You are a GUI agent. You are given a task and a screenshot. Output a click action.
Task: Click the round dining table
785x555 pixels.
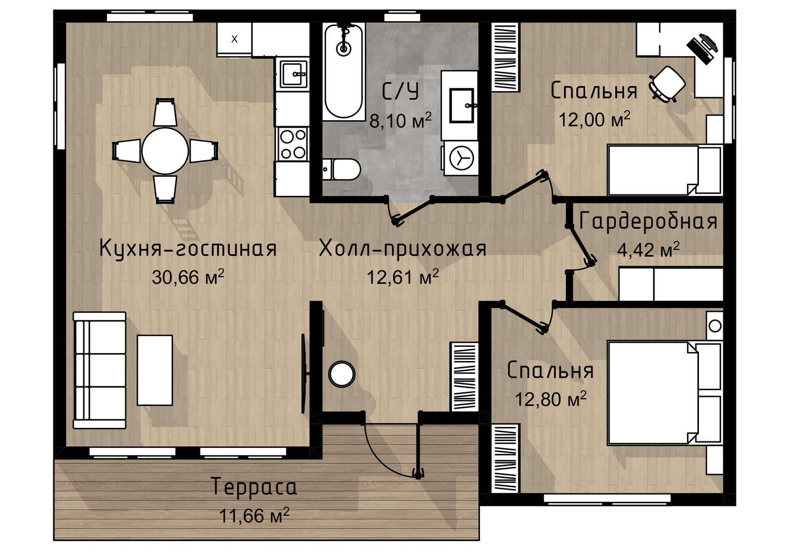(165, 151)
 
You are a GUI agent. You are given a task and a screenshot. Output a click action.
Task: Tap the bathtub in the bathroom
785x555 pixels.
(343, 72)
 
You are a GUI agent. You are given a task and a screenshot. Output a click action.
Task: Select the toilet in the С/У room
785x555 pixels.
(341, 169)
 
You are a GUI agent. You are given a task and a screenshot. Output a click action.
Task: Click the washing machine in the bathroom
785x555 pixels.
(461, 158)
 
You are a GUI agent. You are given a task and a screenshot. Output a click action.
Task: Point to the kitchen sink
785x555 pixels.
(293, 74)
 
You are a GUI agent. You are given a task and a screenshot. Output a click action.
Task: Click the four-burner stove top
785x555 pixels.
(293, 144)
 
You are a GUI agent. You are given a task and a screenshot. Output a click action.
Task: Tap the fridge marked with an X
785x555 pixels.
(234, 39)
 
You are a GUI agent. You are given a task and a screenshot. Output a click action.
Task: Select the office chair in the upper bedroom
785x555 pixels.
(667, 84)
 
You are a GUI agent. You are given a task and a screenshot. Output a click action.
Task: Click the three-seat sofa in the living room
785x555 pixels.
(100, 370)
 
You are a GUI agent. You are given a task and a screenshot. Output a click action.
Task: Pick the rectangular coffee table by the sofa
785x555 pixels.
(155, 370)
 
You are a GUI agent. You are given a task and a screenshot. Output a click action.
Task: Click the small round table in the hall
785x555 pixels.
(342, 374)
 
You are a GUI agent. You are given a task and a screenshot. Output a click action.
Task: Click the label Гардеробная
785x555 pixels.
(649, 222)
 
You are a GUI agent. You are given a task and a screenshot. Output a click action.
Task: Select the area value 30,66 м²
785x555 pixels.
(188, 277)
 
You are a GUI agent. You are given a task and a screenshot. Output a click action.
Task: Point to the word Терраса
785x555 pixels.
(254, 487)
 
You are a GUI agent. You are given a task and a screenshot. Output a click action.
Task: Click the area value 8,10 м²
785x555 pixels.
(400, 120)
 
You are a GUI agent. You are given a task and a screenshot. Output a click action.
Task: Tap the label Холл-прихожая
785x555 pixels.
(403, 249)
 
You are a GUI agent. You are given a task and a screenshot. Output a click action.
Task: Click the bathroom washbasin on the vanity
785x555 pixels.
(462, 105)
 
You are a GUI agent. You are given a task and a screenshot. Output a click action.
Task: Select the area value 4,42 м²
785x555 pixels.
(649, 250)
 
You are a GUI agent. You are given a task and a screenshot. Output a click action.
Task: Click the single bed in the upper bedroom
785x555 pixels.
(665, 170)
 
